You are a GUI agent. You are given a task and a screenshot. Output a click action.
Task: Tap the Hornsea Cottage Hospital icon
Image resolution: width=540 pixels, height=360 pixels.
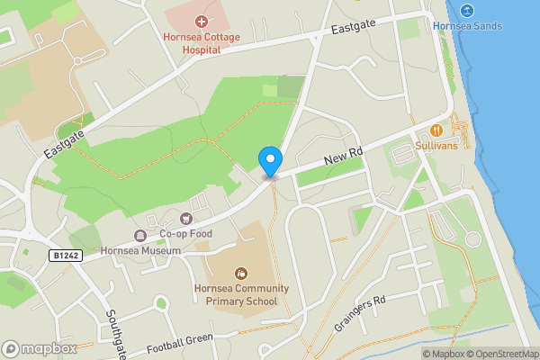pos(201,21)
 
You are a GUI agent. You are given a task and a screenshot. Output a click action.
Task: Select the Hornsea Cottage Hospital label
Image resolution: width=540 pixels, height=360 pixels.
pos(192,43)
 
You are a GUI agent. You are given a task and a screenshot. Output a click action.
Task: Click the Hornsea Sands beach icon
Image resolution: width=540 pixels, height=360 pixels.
pos(466,11)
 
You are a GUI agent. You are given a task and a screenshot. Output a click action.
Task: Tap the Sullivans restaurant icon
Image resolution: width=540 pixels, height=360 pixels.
pos(437,130)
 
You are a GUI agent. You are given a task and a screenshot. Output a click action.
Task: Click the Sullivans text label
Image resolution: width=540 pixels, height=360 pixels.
pos(437,145)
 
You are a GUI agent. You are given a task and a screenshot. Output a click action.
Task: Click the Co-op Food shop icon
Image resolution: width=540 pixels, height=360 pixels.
pos(186,218)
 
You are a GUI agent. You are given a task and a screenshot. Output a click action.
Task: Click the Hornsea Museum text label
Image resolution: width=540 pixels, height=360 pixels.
pos(134,251)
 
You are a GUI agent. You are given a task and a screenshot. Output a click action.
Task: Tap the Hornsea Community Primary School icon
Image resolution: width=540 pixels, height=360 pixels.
pos(241,272)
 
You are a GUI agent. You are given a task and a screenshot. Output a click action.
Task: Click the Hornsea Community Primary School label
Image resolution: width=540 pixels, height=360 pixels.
pos(241,294)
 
